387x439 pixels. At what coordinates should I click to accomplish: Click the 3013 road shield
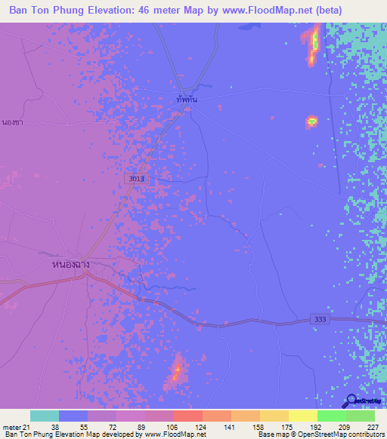click(136, 177)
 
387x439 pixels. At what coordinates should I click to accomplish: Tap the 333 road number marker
click(320, 320)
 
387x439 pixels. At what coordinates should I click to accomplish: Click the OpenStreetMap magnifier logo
click(350, 401)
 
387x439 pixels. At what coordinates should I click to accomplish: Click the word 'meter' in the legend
click(14, 426)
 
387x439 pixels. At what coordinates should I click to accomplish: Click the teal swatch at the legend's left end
click(45, 416)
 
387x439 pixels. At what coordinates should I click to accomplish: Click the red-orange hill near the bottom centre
click(176, 369)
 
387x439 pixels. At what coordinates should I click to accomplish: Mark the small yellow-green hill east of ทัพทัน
click(311, 121)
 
